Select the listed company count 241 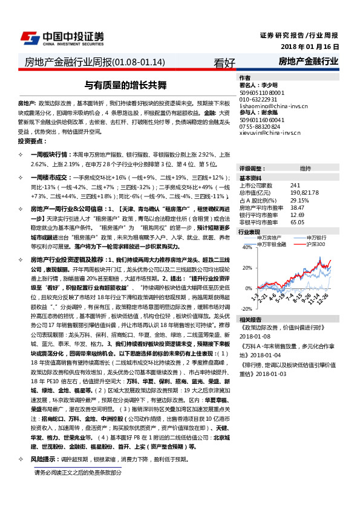pos(295,185)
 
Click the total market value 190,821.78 pos(306,192)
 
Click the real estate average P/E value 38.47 pos(297,207)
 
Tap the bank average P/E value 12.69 pos(297,214)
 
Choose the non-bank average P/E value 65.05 pos(297,221)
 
